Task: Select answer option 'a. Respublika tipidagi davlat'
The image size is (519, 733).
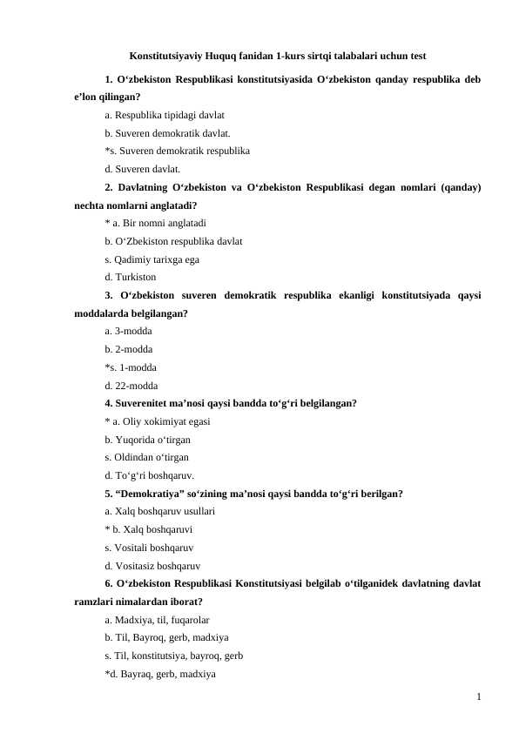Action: (164, 114)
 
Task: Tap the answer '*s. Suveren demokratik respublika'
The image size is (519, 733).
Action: (177, 151)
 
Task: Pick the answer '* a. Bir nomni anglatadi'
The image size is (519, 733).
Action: (154, 223)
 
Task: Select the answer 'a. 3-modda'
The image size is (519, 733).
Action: (128, 331)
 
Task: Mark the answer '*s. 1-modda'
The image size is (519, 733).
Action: (131, 366)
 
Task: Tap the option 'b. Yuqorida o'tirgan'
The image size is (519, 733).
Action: (147, 440)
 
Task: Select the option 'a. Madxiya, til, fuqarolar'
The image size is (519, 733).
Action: (156, 620)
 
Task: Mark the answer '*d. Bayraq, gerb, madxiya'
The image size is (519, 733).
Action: (159, 674)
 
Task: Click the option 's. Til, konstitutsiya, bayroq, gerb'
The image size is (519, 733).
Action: (173, 656)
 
